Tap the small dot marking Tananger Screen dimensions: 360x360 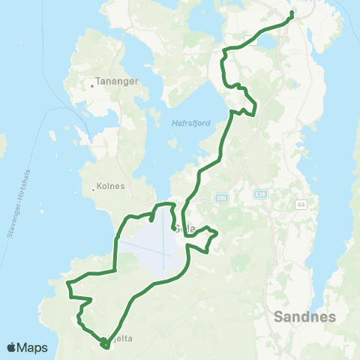click(x=92, y=85)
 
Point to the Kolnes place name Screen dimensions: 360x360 click(x=112, y=187)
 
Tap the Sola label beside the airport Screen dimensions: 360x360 click(x=182, y=229)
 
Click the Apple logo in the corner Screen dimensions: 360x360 click(x=11, y=347)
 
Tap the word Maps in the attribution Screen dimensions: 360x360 click(x=33, y=347)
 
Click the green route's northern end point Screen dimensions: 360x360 click(x=292, y=13)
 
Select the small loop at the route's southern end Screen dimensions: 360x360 click(x=103, y=343)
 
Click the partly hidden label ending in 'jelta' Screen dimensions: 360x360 click(x=123, y=339)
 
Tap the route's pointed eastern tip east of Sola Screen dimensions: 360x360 click(x=217, y=233)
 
